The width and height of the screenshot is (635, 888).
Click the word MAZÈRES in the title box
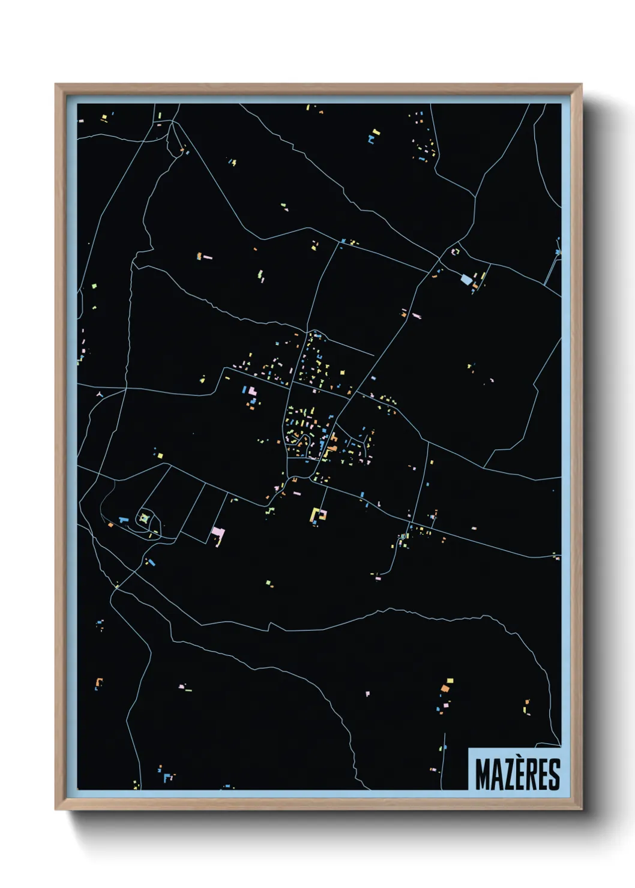click(517, 775)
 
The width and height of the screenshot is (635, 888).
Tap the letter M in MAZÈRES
click(483, 775)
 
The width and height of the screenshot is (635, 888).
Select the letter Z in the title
click(507, 775)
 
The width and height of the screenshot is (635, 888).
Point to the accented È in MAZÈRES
click(519, 774)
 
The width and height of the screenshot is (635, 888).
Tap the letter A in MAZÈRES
click(496, 775)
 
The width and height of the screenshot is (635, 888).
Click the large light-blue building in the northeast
click(466, 280)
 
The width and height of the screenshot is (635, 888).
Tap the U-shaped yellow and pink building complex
click(318, 515)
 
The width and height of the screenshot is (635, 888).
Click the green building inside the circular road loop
click(144, 518)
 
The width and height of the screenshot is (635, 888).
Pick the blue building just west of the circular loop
click(124, 520)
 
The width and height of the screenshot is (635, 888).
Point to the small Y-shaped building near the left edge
click(100, 394)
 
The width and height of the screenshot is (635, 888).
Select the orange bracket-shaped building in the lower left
click(99, 683)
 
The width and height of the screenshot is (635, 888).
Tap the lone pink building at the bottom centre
click(367, 694)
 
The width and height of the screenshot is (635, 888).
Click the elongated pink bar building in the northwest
click(207, 257)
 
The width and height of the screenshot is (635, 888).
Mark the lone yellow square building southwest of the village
click(160, 456)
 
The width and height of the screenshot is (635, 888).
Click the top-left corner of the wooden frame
click(56, 85)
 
